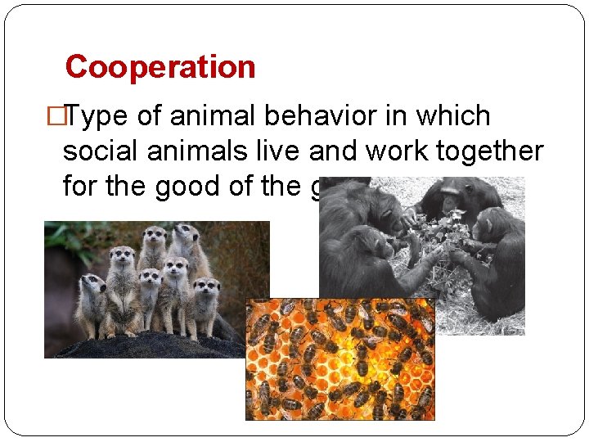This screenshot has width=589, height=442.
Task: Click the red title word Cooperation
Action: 160,66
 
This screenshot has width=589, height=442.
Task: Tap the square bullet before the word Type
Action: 56,117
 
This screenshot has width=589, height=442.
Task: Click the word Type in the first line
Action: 97,117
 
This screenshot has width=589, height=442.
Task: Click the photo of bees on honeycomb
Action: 340,360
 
